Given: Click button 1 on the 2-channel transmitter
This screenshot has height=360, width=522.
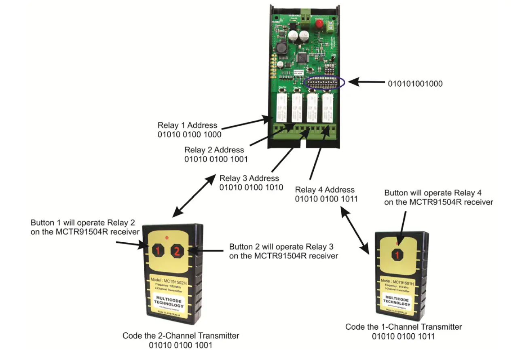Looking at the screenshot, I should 157,251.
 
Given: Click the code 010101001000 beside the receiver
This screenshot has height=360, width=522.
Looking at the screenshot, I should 415,84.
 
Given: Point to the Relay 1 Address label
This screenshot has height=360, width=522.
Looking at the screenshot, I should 187,125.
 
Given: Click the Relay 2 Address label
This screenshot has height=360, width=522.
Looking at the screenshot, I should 214,150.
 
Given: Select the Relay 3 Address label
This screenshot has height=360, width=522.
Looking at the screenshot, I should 249,178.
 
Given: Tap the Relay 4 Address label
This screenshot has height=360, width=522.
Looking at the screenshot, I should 325,190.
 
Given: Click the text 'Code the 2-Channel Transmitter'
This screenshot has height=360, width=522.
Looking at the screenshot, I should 181,336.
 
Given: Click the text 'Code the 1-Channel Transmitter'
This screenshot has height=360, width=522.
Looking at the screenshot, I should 403,327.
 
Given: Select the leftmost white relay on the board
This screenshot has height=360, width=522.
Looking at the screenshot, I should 281,108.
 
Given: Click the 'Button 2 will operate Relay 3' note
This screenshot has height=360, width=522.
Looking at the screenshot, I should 283,247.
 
